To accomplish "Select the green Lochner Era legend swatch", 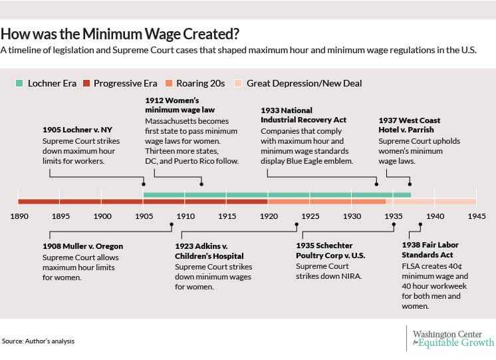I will (19, 83).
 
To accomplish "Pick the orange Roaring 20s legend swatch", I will (170, 83).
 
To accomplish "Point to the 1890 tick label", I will (19, 216).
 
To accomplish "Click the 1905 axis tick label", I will (144, 216).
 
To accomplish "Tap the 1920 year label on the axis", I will (269, 216).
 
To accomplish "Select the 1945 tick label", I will (476, 216).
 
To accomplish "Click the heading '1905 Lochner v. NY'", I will (76, 130).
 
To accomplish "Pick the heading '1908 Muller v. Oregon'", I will (82, 246).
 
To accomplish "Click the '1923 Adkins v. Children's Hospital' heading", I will (209, 251).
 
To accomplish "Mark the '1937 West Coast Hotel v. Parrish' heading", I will (410, 125).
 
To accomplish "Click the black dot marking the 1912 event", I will (201, 184).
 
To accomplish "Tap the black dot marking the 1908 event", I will (172, 224).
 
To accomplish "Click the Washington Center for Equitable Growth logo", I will (451, 338).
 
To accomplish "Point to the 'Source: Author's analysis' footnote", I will (38, 341).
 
